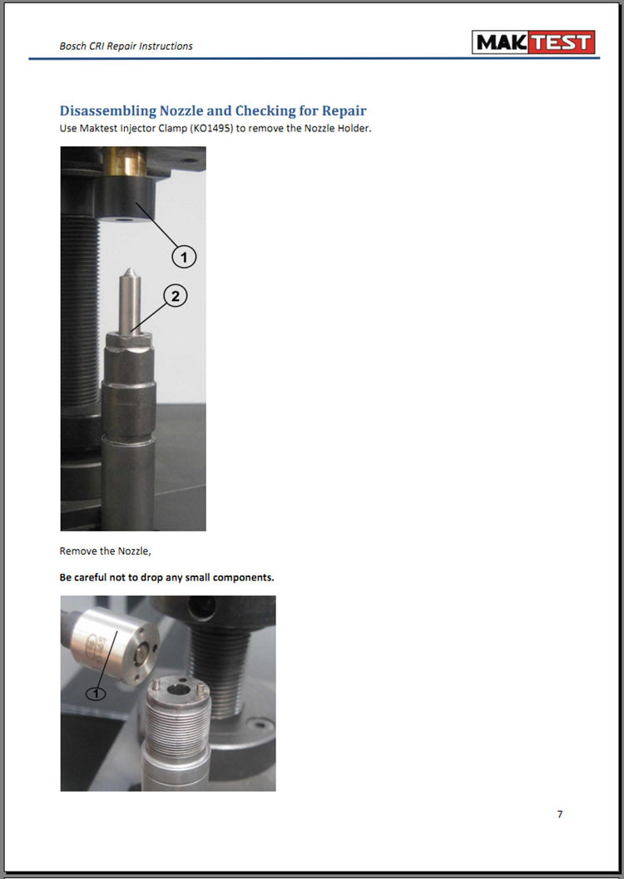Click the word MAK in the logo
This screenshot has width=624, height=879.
click(500, 42)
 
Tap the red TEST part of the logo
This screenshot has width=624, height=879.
click(560, 42)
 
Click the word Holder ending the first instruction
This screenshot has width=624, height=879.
click(354, 128)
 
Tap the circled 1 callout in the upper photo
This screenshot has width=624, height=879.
click(184, 257)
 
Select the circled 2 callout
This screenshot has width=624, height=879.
click(176, 296)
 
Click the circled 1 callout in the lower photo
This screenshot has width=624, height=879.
click(96, 694)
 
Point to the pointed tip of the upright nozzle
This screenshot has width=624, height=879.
click(129, 270)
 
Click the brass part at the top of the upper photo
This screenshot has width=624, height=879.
click(125, 160)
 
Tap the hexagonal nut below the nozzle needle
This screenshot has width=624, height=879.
click(130, 339)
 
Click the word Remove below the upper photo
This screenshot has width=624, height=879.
click(78, 551)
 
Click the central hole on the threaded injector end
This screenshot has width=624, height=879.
click(178, 689)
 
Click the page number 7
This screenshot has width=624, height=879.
click(560, 814)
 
